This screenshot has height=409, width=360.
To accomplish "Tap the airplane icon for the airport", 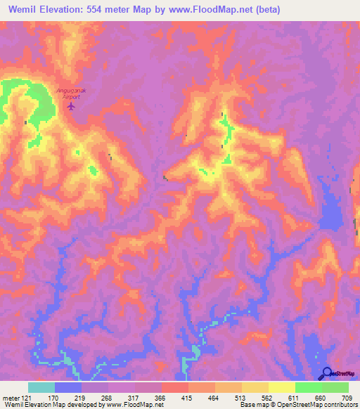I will click(70, 106).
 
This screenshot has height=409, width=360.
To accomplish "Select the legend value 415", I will click(188, 398).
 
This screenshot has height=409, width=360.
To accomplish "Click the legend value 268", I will click(108, 398).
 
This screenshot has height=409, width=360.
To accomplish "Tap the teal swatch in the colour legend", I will click(41, 388).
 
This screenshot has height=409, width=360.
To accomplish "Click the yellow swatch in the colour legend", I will click(281, 388).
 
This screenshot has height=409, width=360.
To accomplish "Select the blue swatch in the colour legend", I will click(68, 388).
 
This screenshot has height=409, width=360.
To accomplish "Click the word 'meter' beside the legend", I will click(10, 398).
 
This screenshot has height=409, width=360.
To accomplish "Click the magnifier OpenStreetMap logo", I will click(326, 374).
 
